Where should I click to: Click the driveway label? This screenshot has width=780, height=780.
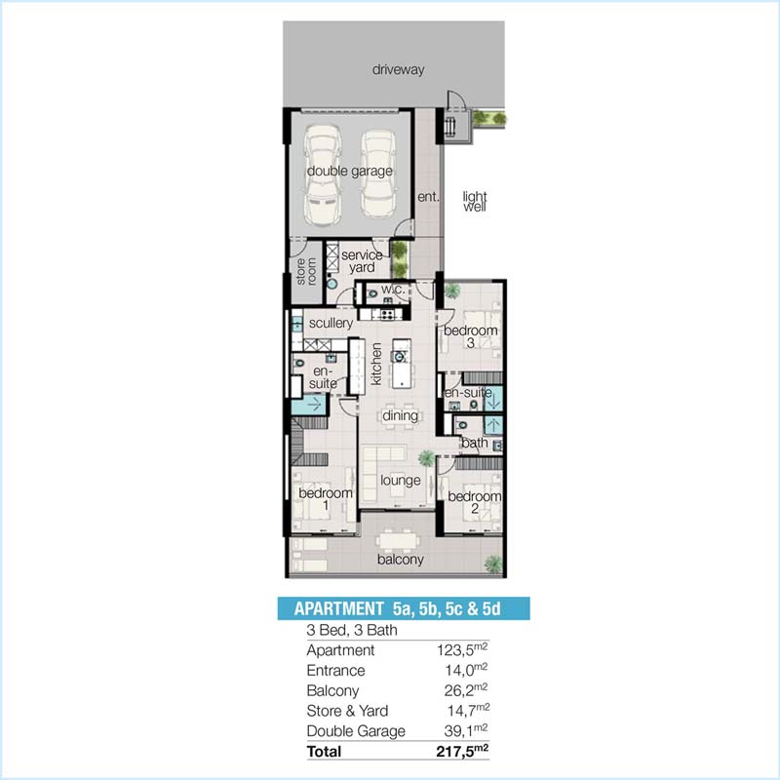click(402, 70)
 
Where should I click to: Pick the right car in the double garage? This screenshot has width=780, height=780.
click(378, 175)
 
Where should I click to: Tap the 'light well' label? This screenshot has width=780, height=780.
click(475, 201)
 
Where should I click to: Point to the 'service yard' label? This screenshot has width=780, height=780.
click(363, 261)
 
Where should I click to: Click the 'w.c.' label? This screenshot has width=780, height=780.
click(393, 290)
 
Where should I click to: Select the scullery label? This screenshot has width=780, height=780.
click(331, 324)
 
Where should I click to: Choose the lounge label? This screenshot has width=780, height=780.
click(400, 481)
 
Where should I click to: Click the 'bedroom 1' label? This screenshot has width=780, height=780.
click(326, 500)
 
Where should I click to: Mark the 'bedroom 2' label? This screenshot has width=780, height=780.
click(474, 503)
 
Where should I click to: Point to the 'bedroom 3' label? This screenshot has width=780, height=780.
click(471, 337)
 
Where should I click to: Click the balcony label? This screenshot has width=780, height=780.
click(401, 560)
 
